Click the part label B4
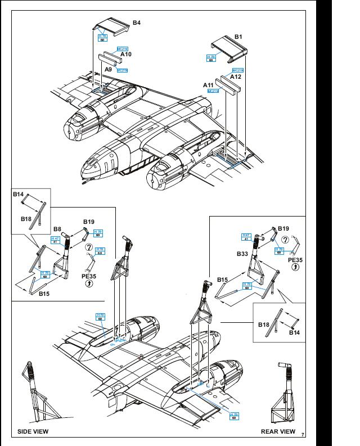[137, 22]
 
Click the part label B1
[238, 37]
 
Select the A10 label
[126, 55]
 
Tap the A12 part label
[236, 76]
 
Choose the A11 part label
[209, 84]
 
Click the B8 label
[57, 229]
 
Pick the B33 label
[243, 254]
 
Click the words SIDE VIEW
[33, 431]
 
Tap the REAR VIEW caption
[278, 431]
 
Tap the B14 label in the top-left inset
[19, 195]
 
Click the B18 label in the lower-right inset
[264, 325]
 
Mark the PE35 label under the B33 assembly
[295, 260]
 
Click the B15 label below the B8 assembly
[45, 293]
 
